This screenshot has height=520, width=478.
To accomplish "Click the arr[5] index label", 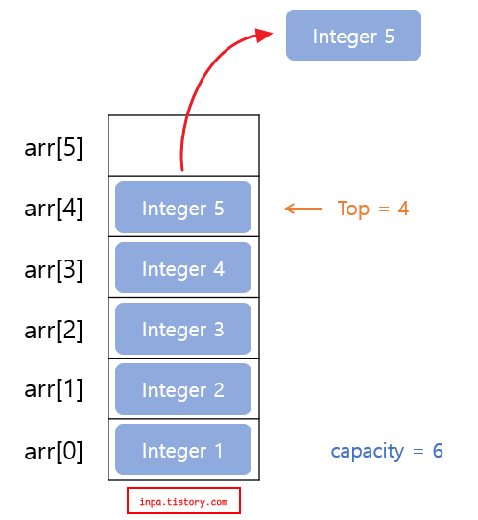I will click(x=54, y=149).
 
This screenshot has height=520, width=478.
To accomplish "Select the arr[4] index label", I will click(x=54, y=210).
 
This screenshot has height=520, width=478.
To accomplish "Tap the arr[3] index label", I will click(x=54, y=270).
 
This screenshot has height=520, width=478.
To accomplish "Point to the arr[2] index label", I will click(x=54, y=331).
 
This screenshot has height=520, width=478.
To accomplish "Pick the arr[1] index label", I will click(x=54, y=390).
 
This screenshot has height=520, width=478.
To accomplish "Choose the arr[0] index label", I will click(x=54, y=451).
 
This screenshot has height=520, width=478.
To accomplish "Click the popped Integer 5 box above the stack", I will click(x=353, y=36).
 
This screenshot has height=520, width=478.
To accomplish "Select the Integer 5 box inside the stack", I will click(x=182, y=209).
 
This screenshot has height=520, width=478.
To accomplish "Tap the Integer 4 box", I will click(x=182, y=268).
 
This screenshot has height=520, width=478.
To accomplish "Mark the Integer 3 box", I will click(x=182, y=329).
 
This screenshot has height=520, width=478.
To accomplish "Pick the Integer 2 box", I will click(x=182, y=389).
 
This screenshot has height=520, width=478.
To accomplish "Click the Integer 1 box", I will click(x=182, y=450).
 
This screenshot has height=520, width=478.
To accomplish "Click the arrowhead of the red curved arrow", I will click(x=263, y=36).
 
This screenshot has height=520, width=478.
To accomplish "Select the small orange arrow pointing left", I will click(x=303, y=209).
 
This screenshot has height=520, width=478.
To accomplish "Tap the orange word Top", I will click(x=353, y=209).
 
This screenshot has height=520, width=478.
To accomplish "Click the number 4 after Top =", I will click(x=403, y=209).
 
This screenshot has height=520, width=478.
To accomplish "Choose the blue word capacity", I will click(x=367, y=451).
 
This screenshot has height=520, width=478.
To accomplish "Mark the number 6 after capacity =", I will click(x=438, y=451).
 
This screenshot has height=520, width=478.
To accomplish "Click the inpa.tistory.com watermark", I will click(x=183, y=501).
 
